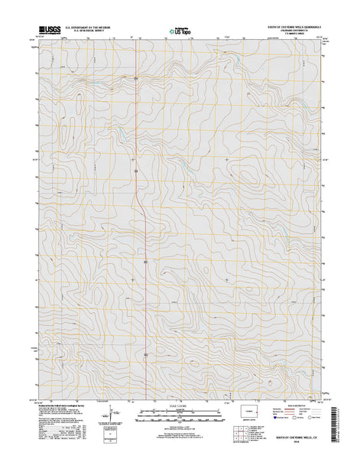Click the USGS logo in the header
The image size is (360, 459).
pyautogui.click(x=47, y=32)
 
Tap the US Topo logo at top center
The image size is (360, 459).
pyautogui.click(x=181, y=32)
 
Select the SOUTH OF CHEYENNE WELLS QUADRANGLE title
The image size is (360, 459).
pyautogui.click(x=295, y=26)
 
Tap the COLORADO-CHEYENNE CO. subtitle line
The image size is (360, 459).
pyautogui.click(x=295, y=31)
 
